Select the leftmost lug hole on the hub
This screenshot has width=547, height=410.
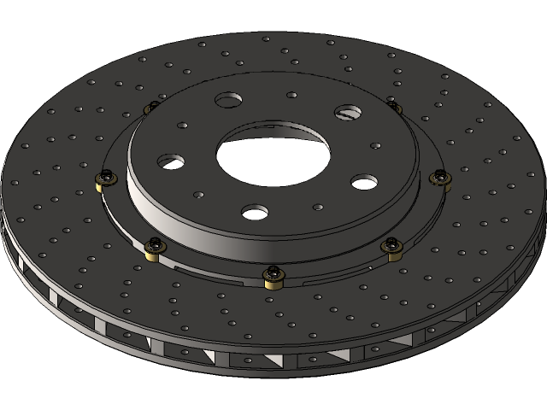169,161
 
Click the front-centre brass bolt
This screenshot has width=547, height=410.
273,275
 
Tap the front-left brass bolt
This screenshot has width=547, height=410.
154,248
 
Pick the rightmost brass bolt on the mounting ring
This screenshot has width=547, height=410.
441,178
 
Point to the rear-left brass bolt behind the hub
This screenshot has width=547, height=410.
150,107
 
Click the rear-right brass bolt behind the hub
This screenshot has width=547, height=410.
394,107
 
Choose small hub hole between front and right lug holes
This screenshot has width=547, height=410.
317,206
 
